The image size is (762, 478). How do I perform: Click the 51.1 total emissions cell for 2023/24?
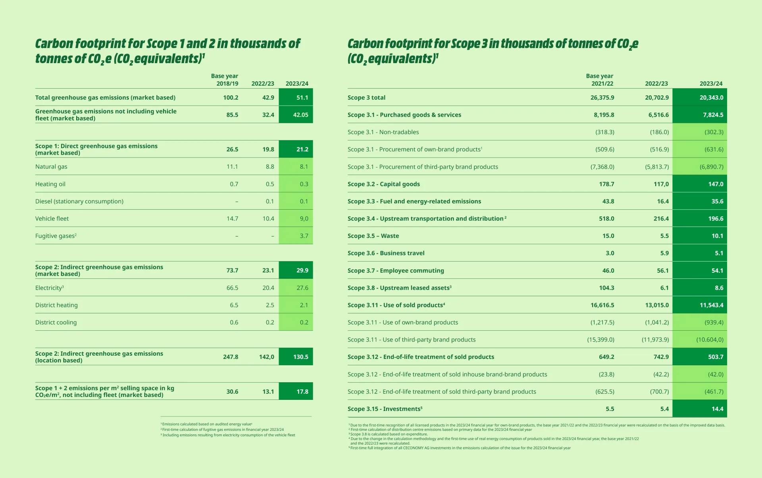(302, 98)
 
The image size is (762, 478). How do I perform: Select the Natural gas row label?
(51, 167)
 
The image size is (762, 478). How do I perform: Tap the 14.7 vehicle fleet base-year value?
(232, 219)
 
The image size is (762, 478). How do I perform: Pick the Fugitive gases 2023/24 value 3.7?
(304, 236)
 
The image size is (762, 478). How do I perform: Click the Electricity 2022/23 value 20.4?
(268, 288)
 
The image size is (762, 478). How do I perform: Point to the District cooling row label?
(56, 322)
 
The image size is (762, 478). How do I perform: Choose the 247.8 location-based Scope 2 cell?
(231, 357)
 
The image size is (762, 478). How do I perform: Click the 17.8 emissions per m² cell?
(302, 392)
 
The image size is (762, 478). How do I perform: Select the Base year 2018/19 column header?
(225, 80)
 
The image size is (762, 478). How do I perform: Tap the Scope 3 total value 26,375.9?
(602, 98)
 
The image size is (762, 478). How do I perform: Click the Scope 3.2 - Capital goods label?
(384, 184)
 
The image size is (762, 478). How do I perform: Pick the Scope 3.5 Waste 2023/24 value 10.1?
(717, 236)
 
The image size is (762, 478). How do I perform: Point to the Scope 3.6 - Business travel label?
(386, 253)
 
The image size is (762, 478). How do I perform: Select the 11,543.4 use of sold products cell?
(711, 305)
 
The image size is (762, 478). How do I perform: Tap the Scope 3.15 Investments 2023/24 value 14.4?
(717, 409)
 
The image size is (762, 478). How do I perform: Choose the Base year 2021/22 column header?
(600, 80)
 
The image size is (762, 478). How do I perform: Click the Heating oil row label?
(50, 184)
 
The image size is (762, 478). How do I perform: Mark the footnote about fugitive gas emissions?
(222, 430)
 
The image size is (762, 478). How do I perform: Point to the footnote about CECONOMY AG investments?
(460, 448)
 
